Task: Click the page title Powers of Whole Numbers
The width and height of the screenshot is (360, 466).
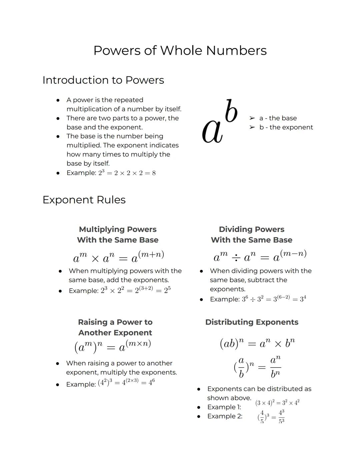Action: [180, 51]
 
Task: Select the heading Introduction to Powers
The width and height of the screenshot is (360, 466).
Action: [103, 80]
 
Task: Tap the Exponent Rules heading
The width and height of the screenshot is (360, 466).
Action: [84, 200]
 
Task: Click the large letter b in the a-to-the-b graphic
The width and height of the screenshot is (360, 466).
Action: [231, 111]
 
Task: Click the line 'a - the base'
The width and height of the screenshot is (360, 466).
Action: [278, 118]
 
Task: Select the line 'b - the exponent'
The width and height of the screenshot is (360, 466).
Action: [286, 127]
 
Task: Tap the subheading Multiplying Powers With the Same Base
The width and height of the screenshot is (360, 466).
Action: [118, 235]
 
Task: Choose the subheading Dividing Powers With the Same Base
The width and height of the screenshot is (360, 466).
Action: [251, 235]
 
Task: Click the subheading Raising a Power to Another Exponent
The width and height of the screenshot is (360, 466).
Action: [115, 327]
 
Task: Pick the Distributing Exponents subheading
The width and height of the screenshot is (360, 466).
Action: [252, 322]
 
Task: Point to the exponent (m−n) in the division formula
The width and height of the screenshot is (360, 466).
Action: [293, 254]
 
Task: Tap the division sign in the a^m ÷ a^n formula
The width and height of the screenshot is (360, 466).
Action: [236, 258]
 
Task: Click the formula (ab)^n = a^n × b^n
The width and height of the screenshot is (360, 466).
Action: [257, 343]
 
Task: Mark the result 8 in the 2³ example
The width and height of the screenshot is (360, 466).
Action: [154, 173]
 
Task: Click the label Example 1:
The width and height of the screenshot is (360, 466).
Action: [224, 407]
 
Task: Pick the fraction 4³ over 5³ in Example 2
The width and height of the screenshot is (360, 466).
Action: [281, 417]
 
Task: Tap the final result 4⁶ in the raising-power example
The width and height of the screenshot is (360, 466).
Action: [152, 382]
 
